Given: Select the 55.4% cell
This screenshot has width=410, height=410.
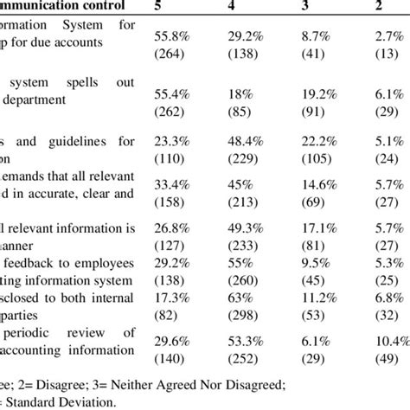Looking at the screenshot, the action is click(171, 102).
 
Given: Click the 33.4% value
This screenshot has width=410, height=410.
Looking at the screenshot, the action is click(171, 183).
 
